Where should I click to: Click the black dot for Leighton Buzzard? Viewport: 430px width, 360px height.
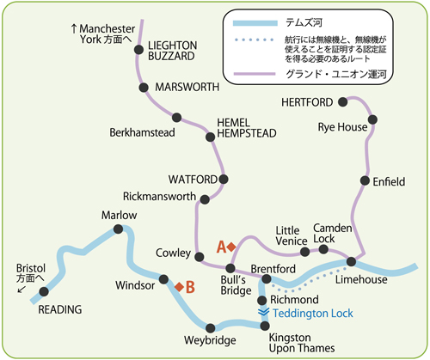coord(138,50)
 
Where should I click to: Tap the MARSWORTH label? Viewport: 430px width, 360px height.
coord(187,87)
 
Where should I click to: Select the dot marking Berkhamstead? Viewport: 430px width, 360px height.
coord(176,117)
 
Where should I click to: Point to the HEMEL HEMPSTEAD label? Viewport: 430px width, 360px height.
coord(247,128)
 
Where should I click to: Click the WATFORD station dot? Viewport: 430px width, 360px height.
coord(224,180)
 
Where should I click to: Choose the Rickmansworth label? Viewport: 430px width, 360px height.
coord(159,197)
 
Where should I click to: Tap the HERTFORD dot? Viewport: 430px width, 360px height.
coord(342,102)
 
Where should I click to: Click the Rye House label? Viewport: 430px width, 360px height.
coord(342,127)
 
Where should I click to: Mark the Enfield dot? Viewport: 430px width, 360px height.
coord(365,180)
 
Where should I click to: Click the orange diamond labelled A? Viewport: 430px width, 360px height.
coord(231,247)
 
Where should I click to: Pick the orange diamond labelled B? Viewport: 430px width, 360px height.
coord(179,287)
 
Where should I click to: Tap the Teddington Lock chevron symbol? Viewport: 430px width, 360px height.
coord(263,312)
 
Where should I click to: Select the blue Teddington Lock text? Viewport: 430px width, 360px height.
coord(313,314)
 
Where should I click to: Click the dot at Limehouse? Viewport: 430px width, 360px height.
coord(351,261)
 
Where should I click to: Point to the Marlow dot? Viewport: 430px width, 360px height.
coord(118,229)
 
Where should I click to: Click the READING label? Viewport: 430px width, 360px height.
coord(60,309)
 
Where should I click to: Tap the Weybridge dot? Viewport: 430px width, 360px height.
coord(210,328)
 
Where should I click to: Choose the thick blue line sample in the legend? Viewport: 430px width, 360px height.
coord(255,23)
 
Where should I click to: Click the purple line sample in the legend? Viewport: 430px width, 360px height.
coord(255,74)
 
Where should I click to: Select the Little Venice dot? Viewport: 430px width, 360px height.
coord(304,252)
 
